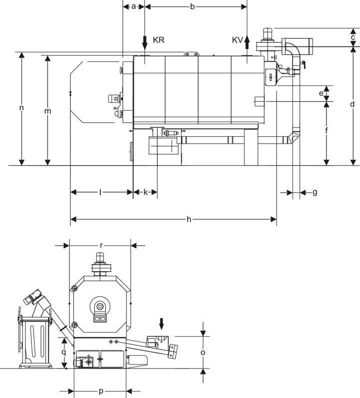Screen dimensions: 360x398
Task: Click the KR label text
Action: pyautogui.click(x=159, y=40)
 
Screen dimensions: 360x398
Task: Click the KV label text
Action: pyautogui.click(x=237, y=40)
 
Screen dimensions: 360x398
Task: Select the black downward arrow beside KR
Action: pyautogui.click(x=145, y=43)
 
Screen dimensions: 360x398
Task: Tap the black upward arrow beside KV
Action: pyautogui.click(x=247, y=42)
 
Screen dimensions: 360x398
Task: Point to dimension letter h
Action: pyautogui.click(x=189, y=219)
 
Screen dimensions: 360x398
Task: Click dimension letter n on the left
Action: pyautogui.click(x=21, y=108)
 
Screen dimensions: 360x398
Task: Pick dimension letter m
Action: pyautogui.click(x=47, y=111)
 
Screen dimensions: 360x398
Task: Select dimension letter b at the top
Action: pyautogui.click(x=192, y=6)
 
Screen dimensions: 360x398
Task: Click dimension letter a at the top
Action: pyautogui.click(x=134, y=7)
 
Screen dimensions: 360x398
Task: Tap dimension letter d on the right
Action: pyautogui.click(x=352, y=104)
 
